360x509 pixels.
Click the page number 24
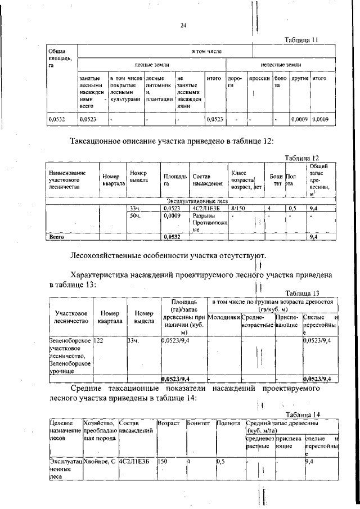[x=183, y=25]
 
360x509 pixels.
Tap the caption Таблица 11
[x=302, y=40]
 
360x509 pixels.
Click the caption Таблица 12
[x=302, y=158]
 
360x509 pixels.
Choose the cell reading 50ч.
[x=134, y=215]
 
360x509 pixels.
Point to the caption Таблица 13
[x=302, y=293]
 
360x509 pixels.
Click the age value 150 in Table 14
[x=163, y=461]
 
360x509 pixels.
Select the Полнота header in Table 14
[x=228, y=422]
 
